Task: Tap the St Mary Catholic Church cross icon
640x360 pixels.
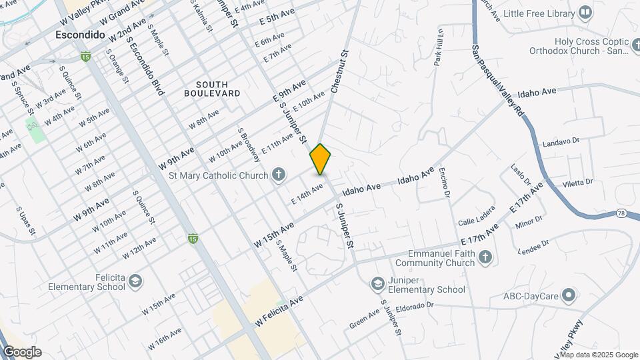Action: click(x=279, y=175)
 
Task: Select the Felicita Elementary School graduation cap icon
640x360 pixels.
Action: click(x=135, y=280)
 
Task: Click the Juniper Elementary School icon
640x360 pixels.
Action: click(x=378, y=283)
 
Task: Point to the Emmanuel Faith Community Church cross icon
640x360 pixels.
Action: click(x=486, y=257)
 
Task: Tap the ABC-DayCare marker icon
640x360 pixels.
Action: click(x=568, y=294)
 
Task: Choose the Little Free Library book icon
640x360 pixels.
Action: click(x=585, y=13)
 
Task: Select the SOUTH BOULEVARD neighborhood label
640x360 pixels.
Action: click(x=213, y=89)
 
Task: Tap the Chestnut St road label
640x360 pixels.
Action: click(x=339, y=72)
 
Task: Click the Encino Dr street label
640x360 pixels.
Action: click(x=445, y=183)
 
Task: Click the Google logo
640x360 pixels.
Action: click(x=22, y=352)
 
